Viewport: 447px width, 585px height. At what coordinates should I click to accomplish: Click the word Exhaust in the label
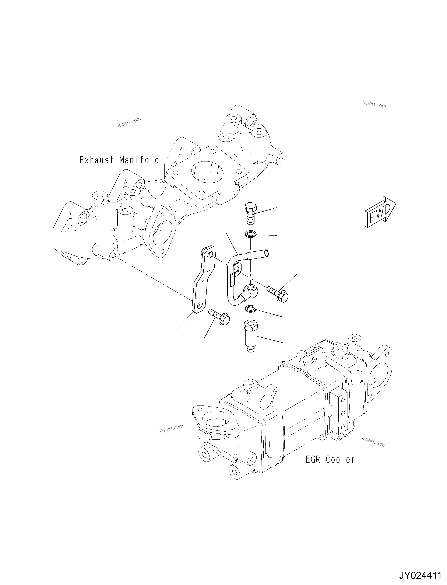[96, 160]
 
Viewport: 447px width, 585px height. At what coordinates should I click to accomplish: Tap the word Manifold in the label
[139, 160]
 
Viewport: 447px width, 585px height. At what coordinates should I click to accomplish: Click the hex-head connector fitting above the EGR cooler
[250, 336]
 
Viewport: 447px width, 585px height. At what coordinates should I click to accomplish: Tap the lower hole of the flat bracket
[200, 305]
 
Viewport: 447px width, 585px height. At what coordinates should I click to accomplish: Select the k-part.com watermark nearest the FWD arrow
[374, 104]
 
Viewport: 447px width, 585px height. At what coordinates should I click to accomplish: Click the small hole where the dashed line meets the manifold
[114, 255]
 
